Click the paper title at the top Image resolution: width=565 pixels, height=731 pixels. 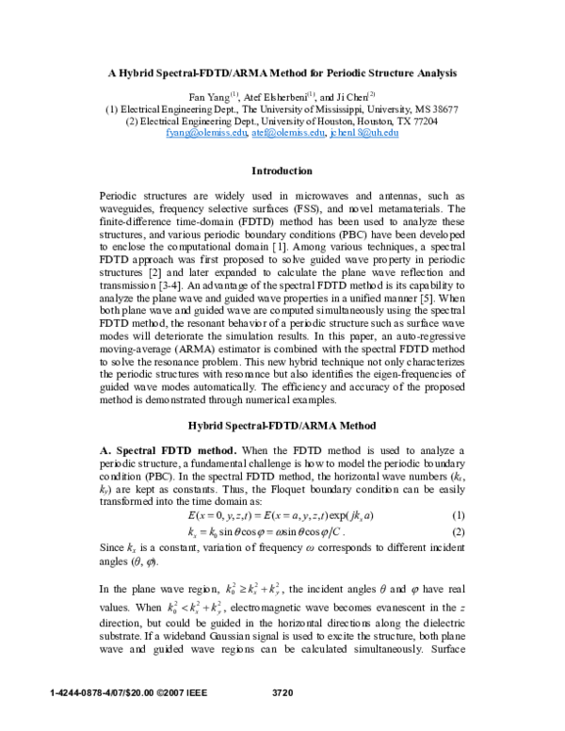tap(282, 72)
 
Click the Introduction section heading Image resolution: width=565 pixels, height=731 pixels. tap(282, 171)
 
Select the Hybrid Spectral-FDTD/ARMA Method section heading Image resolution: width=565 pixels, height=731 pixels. tap(282, 425)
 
